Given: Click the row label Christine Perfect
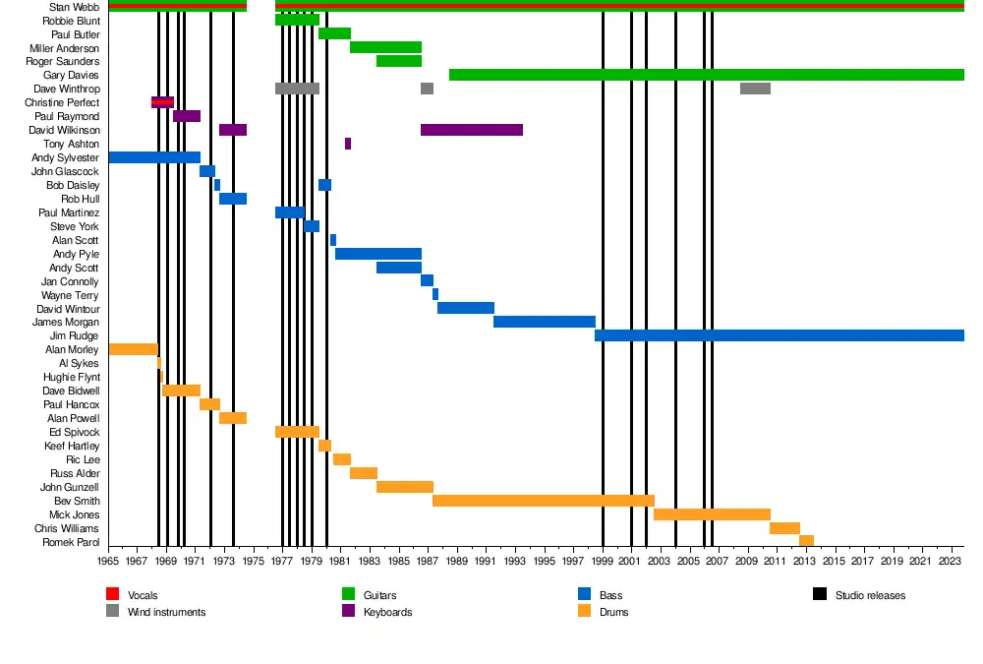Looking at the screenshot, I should coord(62,102).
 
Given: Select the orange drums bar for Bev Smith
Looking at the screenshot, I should coord(543,501).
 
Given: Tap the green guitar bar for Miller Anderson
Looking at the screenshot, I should coord(385,47).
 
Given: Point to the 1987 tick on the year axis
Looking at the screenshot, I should coord(427,562).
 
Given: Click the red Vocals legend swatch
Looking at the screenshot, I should coord(112,594).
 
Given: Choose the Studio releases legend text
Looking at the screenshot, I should coord(870,595).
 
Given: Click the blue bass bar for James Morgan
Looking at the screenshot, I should coord(544,322).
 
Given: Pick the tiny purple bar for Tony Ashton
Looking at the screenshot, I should coord(348,144).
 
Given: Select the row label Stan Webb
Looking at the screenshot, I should coord(74,7).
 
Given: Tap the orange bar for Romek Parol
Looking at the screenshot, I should coord(806,540).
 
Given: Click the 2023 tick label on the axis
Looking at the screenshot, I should coord(949,562).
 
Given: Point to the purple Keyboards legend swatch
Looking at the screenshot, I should coord(348,611).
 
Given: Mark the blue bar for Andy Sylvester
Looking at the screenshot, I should coord(154,157).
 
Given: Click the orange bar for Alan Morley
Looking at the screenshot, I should coord(133,349).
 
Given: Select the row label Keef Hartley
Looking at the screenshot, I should coord(72,446).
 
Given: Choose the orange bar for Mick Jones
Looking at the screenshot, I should coord(712,514).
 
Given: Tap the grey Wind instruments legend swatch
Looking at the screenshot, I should coord(112,611).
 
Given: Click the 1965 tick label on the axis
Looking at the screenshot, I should coord(108,562).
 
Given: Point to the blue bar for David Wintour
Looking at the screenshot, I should coord(466,308).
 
